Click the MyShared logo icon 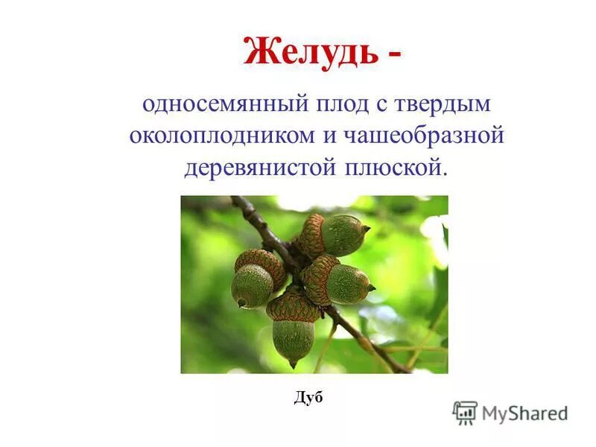point(465,412)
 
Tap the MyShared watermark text point(524,413)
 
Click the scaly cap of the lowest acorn point(293,307)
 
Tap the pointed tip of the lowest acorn point(294,364)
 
